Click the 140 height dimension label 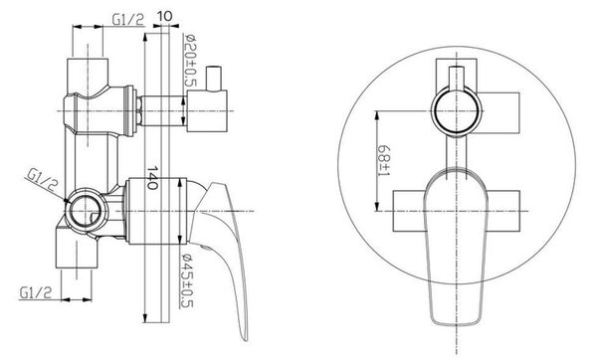click(x=152, y=178)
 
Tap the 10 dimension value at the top click(x=164, y=16)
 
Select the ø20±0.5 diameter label click(x=189, y=60)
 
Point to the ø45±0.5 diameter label click(x=188, y=280)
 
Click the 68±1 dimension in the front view click(x=383, y=160)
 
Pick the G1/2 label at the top click(x=128, y=20)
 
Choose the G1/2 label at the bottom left click(x=36, y=292)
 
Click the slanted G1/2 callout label click(x=42, y=180)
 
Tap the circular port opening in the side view click(x=85, y=210)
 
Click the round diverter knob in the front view click(x=456, y=111)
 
